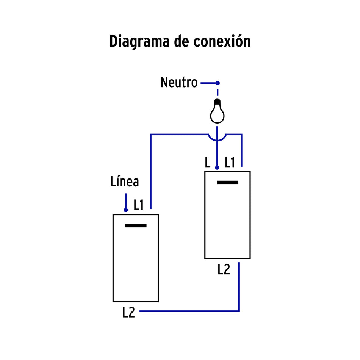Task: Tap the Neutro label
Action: (x=179, y=82)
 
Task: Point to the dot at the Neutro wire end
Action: (x=218, y=83)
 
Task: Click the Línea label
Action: (x=125, y=182)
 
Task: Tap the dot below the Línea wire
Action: (x=126, y=210)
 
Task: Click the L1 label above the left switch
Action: (x=139, y=205)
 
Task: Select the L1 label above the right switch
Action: (x=230, y=163)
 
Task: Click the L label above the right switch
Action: (x=207, y=163)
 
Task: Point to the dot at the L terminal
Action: (x=217, y=167)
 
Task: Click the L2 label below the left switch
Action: (x=129, y=312)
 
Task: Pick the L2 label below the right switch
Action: (x=224, y=269)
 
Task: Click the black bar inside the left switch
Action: (x=136, y=226)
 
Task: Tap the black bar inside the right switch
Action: (x=227, y=182)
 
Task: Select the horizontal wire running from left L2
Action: (x=189, y=311)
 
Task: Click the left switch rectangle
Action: (x=136, y=265)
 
